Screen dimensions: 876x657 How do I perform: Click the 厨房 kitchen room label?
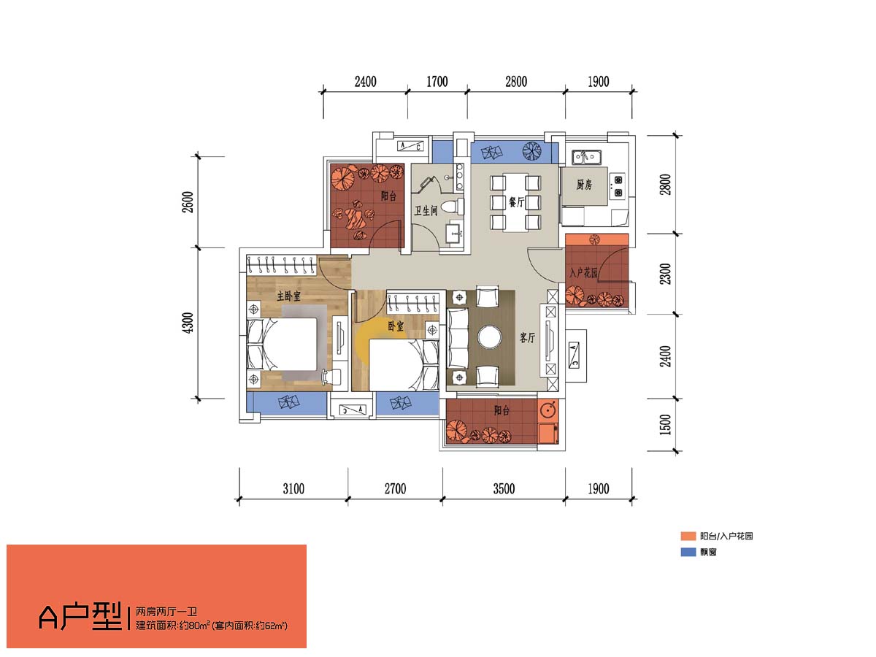[x=584, y=184]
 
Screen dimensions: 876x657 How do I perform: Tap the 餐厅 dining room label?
[x=515, y=202]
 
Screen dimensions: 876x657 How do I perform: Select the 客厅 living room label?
[x=527, y=337]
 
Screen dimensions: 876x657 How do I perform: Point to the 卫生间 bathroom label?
[x=426, y=210]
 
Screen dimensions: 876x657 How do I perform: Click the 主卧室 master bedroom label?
[x=288, y=296]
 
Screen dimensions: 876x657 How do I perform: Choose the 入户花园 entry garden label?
[x=583, y=273]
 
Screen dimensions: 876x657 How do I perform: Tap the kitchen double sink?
[x=586, y=156]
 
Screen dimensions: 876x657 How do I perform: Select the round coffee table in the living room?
[x=489, y=337]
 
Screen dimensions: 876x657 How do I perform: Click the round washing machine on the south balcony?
[x=547, y=410]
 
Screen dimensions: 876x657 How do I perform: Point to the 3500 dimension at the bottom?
[x=504, y=488]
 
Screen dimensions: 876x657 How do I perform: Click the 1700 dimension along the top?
[x=437, y=82]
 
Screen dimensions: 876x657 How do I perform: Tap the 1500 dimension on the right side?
[x=665, y=424]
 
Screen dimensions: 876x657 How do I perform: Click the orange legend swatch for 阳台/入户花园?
[x=688, y=536]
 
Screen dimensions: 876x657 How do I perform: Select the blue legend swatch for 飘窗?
[x=688, y=552]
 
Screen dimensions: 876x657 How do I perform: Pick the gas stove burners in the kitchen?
[x=618, y=185]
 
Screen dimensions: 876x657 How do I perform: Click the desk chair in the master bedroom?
[x=331, y=375]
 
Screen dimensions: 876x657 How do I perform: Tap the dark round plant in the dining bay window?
[x=532, y=152]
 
